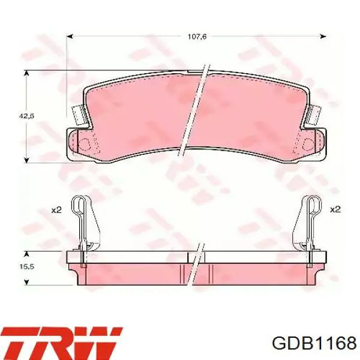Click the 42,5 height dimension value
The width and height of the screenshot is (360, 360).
(x=26, y=116)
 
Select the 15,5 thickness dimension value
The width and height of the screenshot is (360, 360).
(x=26, y=266)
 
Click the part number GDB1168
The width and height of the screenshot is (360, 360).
(x=314, y=343)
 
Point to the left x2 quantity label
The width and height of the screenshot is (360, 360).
(x=56, y=210)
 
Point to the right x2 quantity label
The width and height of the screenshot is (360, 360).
(x=335, y=209)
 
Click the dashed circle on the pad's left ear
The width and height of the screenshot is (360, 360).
(x=84, y=145)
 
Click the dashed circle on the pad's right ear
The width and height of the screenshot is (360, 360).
(x=308, y=144)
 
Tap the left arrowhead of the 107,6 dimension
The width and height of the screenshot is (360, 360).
(x=70, y=36)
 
